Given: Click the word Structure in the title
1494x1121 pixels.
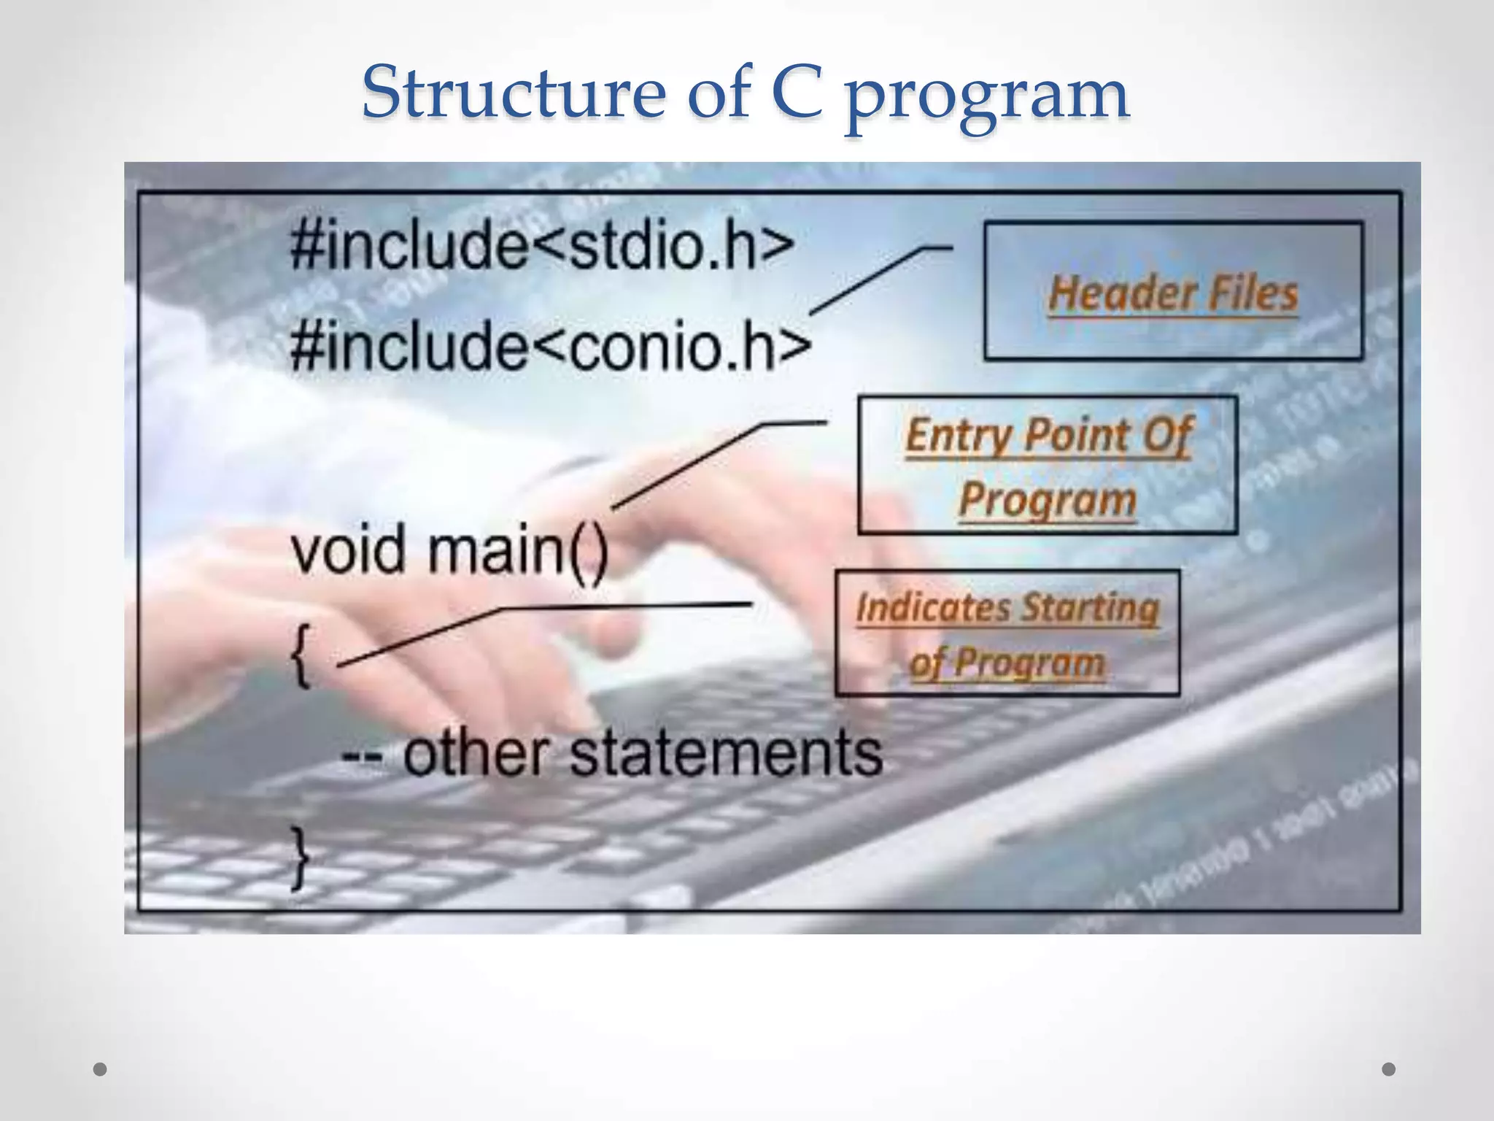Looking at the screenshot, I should point(513,93).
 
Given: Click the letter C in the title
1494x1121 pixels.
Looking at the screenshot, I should point(797,93).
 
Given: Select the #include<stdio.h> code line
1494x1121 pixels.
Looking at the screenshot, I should point(541,245).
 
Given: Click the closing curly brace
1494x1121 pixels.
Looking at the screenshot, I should point(300,858).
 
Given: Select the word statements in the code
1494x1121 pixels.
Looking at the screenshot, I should point(725,753).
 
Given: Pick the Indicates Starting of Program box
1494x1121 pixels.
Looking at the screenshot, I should point(1007,633).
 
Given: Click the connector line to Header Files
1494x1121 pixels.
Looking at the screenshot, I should point(868,281).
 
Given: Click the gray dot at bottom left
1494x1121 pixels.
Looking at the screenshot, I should point(101,1069).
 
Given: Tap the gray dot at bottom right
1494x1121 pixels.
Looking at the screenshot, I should point(1389,1069).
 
